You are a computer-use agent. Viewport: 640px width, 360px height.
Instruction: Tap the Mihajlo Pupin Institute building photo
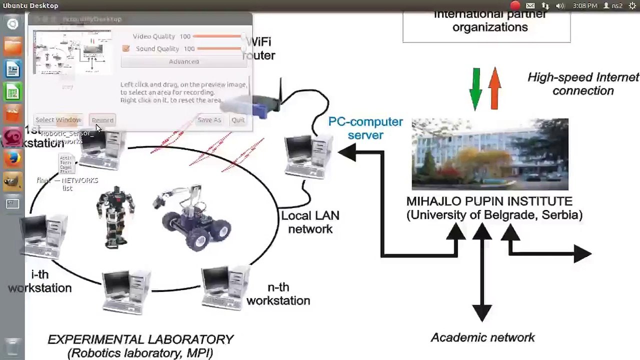[x=489, y=154]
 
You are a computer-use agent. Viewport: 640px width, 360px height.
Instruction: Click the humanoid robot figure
[x=115, y=216]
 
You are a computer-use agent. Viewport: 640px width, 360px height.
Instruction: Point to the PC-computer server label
[x=365, y=128]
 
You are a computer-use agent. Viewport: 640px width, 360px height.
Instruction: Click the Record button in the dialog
[x=102, y=120]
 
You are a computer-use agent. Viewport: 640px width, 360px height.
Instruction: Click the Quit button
[x=238, y=120]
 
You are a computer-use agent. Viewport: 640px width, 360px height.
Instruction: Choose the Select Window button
[x=58, y=120]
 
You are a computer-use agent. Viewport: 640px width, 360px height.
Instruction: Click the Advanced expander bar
[x=183, y=61]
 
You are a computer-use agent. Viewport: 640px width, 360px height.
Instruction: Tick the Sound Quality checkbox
[x=126, y=48]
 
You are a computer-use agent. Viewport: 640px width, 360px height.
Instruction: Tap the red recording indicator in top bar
[x=515, y=5]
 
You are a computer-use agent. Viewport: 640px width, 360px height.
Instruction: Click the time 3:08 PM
[x=584, y=5]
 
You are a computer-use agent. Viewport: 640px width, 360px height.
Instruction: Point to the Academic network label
[x=482, y=337]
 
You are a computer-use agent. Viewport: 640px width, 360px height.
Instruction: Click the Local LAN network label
[x=310, y=222]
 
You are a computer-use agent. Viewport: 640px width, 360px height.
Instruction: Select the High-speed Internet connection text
[x=583, y=84]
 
